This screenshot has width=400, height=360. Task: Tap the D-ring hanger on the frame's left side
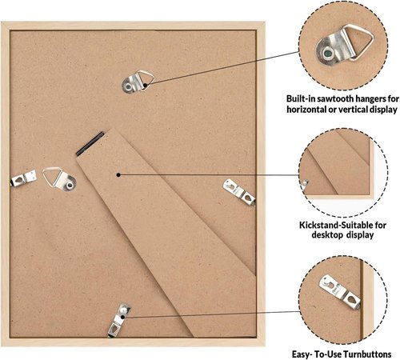[59, 179]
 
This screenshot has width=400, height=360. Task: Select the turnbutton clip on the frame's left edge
[23, 178]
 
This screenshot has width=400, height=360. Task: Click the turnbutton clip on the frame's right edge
[239, 192]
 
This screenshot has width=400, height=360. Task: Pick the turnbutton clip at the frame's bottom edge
[118, 320]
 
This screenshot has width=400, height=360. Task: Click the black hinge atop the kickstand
[90, 143]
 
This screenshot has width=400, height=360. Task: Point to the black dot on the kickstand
[118, 174]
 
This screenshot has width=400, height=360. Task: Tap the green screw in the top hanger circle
[328, 54]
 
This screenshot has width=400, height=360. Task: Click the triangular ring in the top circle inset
[358, 42]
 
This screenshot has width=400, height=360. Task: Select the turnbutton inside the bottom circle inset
[340, 292]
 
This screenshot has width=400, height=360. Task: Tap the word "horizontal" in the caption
[306, 110]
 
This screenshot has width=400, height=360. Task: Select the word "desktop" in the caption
[327, 235]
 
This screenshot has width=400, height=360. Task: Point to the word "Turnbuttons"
[367, 354]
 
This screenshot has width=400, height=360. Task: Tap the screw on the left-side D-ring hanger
[70, 185]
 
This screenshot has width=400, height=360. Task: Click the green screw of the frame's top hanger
[128, 86]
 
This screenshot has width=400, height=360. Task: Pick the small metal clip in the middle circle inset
[304, 185]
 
